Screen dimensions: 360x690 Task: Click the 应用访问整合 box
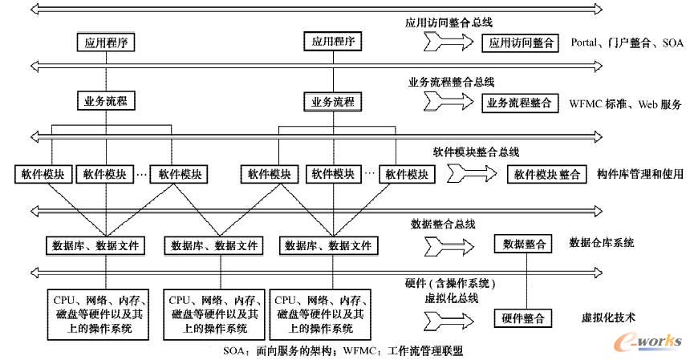point(520,43)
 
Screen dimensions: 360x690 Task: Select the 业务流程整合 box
point(520,103)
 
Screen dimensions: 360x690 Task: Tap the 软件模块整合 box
point(546,174)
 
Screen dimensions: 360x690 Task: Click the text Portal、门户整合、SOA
point(626,43)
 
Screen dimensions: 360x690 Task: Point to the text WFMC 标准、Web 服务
point(625,104)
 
